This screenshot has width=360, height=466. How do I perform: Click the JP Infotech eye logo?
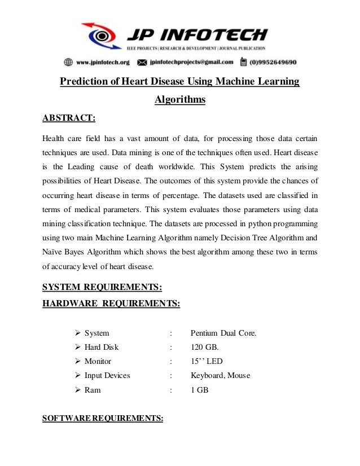[102, 36]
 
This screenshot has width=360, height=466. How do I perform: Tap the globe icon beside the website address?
[68, 62]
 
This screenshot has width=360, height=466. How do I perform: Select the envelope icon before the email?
[142, 62]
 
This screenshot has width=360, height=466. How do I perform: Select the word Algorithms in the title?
[180, 100]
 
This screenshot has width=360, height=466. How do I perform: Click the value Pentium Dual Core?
[223, 333]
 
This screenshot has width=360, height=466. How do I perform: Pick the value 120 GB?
[204, 347]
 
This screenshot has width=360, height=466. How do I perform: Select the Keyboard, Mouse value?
[221, 375]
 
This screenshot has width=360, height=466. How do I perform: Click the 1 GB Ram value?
[200, 389]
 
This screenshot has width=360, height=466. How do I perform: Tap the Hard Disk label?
[102, 347]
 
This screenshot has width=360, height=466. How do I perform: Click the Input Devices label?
[107, 375]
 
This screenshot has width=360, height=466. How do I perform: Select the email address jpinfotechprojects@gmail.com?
[192, 62]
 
